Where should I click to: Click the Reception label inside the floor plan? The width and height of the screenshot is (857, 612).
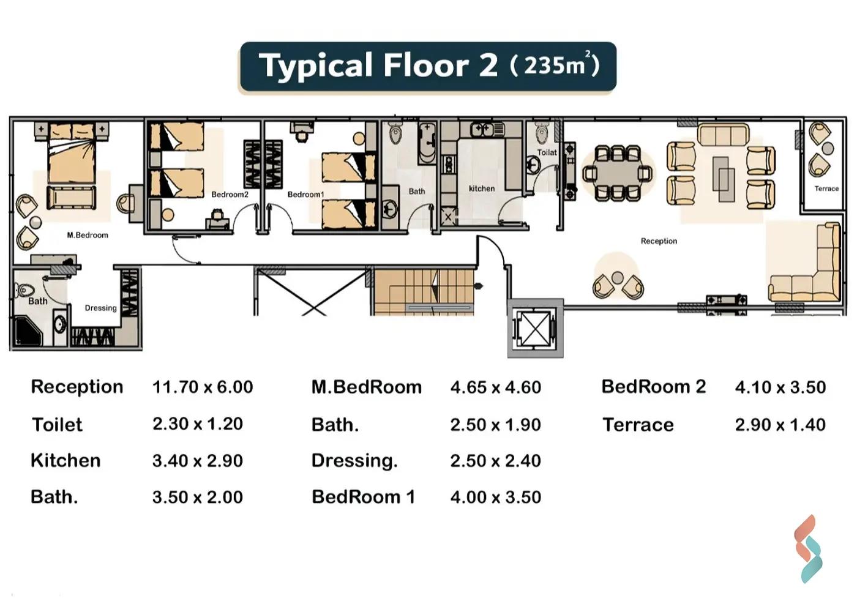[x=659, y=241]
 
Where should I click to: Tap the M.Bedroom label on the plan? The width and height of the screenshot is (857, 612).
[x=88, y=235]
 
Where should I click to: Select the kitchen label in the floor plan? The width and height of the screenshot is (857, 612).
[x=482, y=188]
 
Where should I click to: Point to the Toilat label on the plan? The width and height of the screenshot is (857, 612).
[x=547, y=152]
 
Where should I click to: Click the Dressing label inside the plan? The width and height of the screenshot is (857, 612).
[x=100, y=308]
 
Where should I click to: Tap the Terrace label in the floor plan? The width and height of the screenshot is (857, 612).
[x=826, y=188]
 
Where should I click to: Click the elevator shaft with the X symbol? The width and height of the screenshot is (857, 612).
[x=535, y=329]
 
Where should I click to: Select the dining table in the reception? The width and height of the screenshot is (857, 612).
[x=617, y=173]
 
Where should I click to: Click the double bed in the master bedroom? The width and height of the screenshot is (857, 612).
[x=72, y=153]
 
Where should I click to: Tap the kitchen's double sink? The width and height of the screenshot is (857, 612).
[x=482, y=130]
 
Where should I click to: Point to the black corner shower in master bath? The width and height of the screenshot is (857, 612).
[x=28, y=331]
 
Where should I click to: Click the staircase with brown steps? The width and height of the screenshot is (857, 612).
[x=424, y=292]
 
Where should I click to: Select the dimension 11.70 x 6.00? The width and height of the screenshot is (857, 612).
[x=203, y=387]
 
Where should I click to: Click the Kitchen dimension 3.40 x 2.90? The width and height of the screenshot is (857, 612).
[x=197, y=460]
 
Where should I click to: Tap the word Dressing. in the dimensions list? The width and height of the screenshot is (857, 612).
[x=354, y=461]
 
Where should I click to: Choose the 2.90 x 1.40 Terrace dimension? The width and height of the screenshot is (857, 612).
[x=780, y=425]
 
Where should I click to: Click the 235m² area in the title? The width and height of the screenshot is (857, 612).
[x=555, y=65]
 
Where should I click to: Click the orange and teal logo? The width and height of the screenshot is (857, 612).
[x=808, y=549]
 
